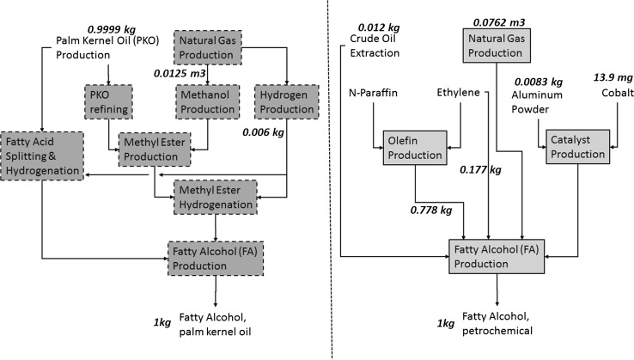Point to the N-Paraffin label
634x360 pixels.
point(376,92)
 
